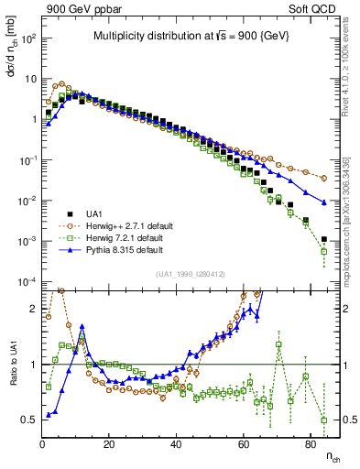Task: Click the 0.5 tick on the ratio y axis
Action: [30, 420]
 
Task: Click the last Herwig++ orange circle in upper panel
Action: [324, 178]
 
